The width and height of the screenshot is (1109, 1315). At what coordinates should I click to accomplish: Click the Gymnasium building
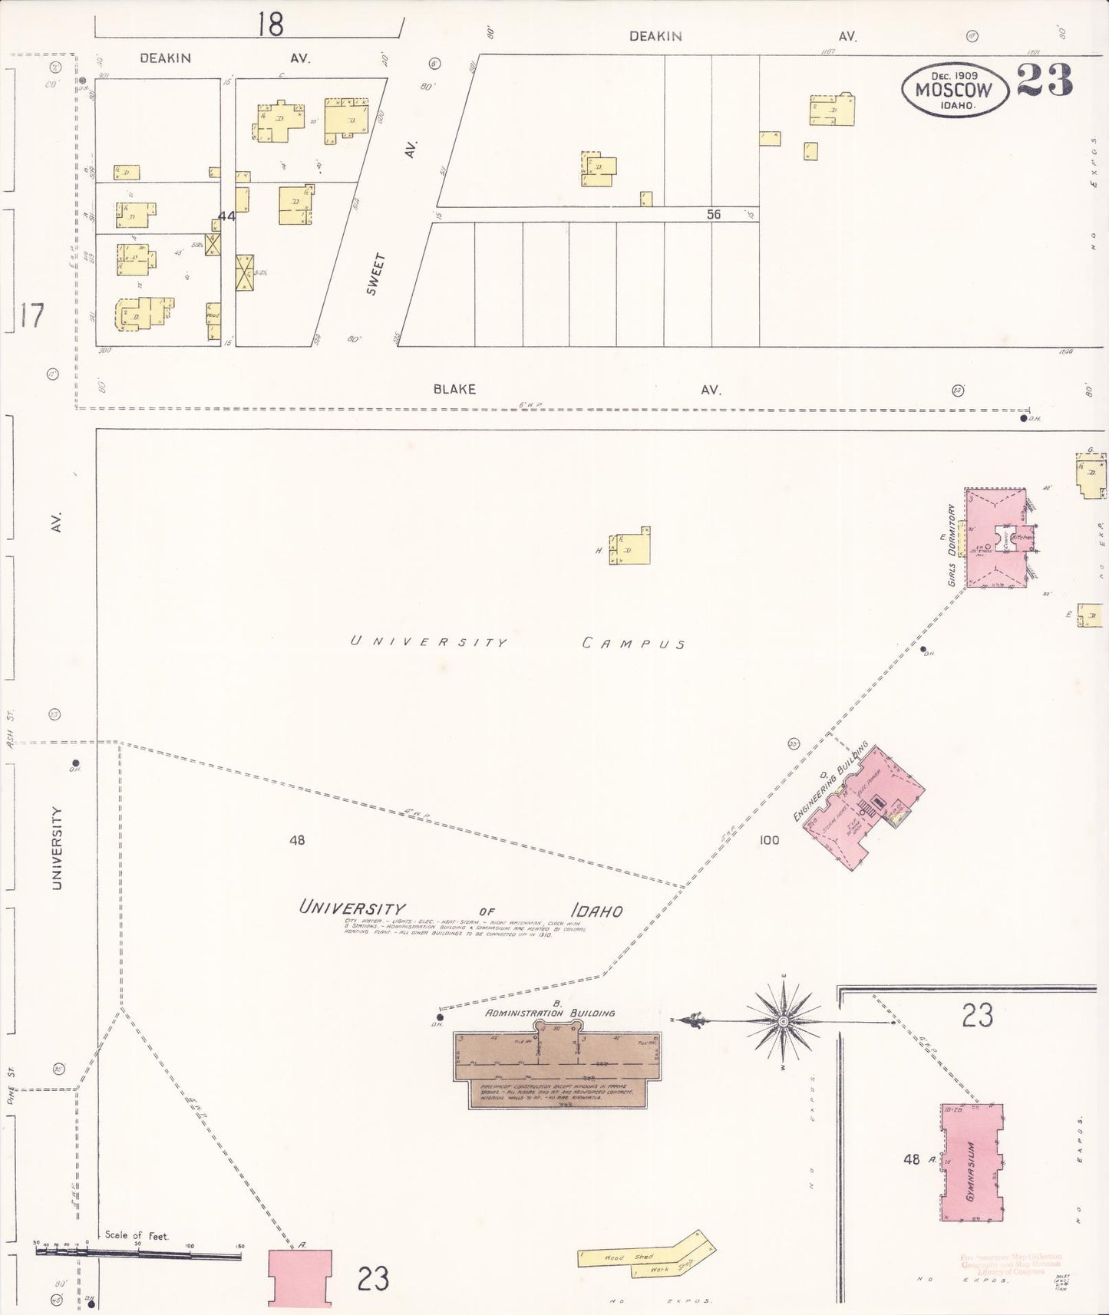(972, 1162)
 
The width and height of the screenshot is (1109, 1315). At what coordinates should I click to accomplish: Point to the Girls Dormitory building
(995, 538)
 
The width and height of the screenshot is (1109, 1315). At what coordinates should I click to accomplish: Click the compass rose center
(783, 1022)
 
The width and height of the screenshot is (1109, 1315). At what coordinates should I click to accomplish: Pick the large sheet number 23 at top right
(1045, 81)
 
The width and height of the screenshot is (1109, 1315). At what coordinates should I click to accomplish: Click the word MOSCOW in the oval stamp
(953, 90)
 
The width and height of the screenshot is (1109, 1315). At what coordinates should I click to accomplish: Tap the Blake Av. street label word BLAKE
(454, 389)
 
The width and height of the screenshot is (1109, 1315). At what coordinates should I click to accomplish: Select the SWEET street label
(375, 274)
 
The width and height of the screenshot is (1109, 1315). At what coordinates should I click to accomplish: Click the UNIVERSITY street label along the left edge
(57, 848)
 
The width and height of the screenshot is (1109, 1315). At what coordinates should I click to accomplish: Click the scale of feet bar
(138, 1254)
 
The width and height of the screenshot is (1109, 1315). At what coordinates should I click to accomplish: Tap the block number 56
(714, 215)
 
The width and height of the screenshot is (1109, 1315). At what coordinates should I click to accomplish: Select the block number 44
(226, 216)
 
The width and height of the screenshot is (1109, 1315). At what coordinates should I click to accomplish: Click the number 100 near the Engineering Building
(769, 840)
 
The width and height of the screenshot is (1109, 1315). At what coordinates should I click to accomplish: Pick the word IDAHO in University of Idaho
(596, 911)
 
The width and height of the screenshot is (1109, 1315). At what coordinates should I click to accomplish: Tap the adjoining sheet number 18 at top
(270, 25)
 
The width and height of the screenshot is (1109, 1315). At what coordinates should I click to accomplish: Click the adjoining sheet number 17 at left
(31, 315)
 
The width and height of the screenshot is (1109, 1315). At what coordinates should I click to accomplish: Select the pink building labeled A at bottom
(300, 1277)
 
